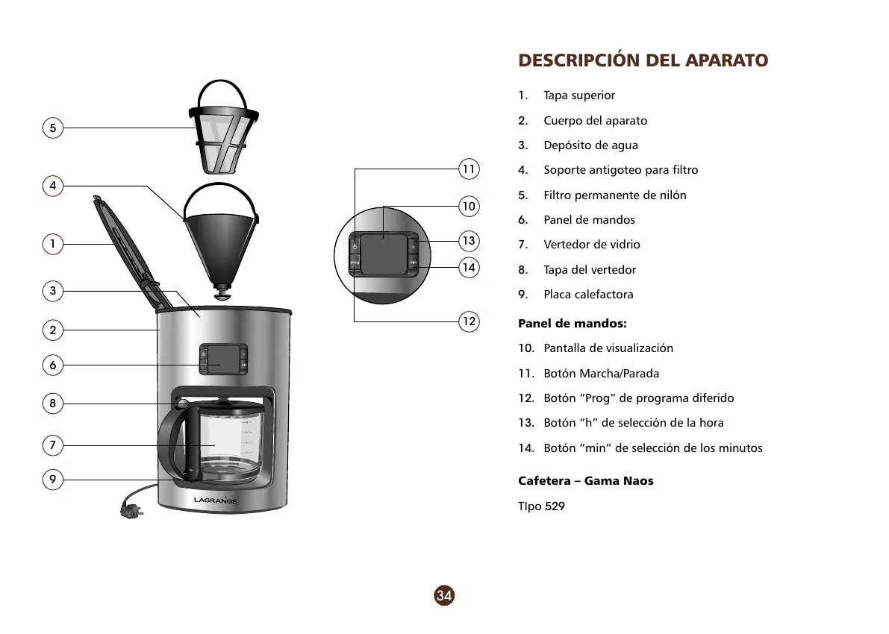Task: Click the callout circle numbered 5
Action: coord(52,128)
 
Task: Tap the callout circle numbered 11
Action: coord(468,169)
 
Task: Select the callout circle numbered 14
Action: coord(468,267)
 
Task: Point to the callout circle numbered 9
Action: coord(52,480)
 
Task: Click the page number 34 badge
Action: coord(444,595)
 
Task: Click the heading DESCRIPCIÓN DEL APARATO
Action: coord(643,60)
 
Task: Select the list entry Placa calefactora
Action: coord(588,295)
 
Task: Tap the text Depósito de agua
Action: coord(590,145)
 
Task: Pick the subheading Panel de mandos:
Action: coord(572,324)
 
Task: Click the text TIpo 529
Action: coord(541,506)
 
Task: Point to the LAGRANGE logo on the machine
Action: coord(216,500)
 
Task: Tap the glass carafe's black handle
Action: coord(171,440)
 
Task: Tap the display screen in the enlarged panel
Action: coord(384,252)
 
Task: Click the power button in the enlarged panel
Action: coord(355,245)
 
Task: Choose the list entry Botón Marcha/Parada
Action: coord(601,374)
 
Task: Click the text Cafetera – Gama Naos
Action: coord(585,481)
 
